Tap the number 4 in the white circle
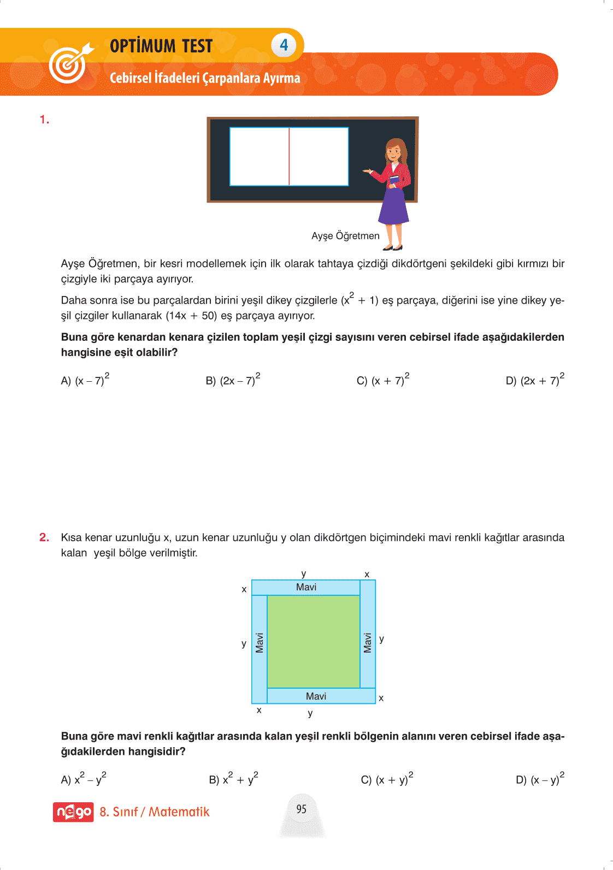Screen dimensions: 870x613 tap(284, 45)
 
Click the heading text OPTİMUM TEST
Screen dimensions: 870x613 tap(161, 46)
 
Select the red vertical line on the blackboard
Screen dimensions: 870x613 tap(289, 157)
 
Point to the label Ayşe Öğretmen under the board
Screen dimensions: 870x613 tap(345, 236)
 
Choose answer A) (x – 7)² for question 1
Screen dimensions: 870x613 tap(85, 380)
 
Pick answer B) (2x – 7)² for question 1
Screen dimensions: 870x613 tap(233, 380)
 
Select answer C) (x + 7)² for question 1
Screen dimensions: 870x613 tap(382, 380)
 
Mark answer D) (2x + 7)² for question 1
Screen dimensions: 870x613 tap(534, 380)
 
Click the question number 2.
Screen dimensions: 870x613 tap(44, 537)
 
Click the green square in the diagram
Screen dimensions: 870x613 tap(313, 641)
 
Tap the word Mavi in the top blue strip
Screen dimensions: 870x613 tap(306, 587)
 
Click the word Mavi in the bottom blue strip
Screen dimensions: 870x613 tap(316, 696)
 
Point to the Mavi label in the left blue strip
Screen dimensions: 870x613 tap(260, 643)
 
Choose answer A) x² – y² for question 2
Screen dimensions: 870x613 tap(84, 779)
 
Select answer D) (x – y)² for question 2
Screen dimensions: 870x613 tap(540, 779)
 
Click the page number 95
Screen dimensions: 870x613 tap(302, 809)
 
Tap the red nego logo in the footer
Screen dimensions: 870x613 tap(73, 812)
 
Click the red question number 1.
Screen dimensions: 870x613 tap(44, 120)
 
